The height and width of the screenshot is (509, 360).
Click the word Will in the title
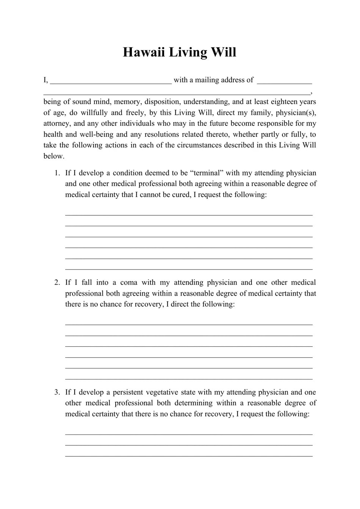223,52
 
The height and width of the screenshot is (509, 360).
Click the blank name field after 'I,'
111,81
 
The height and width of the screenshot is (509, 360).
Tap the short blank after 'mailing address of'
284,81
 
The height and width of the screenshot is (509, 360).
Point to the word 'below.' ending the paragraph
54,156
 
